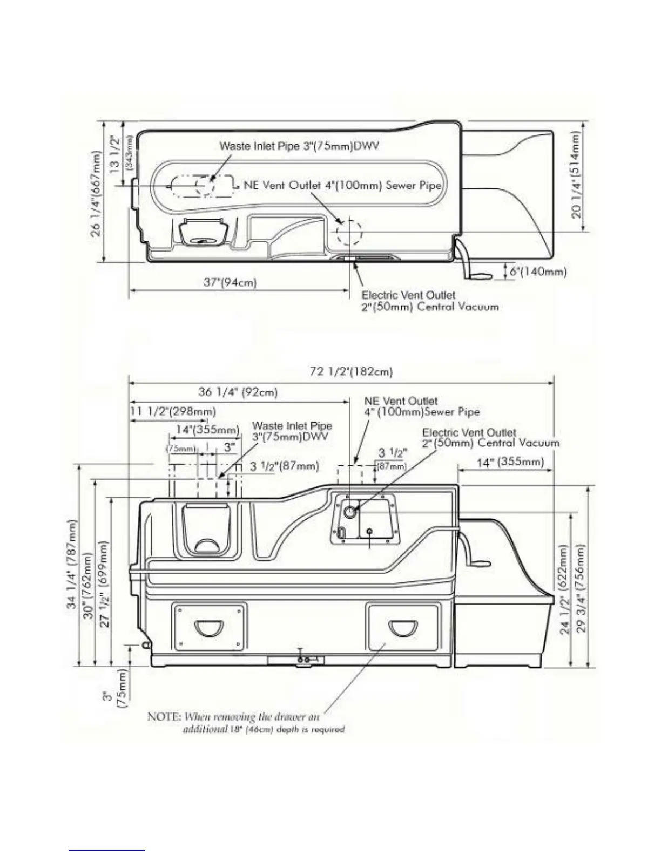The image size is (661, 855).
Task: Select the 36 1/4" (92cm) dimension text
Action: click(x=238, y=392)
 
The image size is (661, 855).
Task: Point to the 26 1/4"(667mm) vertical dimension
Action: click(x=96, y=196)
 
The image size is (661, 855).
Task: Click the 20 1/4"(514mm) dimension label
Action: click(x=576, y=175)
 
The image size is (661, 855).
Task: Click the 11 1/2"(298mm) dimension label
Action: click(x=173, y=412)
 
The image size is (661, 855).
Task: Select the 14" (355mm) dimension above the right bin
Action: click(x=510, y=462)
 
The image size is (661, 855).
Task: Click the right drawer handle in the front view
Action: click(x=403, y=627)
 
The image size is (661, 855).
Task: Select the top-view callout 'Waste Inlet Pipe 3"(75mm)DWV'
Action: click(x=299, y=146)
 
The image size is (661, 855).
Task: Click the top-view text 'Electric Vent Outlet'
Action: click(x=408, y=295)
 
